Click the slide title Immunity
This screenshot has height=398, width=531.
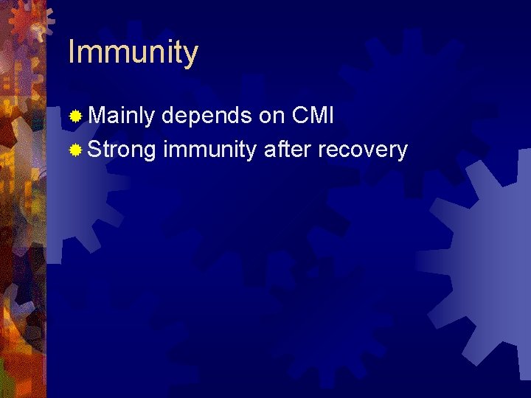(133, 53)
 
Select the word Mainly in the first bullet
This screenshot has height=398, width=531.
(121, 116)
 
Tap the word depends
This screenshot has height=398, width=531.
(207, 116)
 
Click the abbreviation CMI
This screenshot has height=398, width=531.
(313, 115)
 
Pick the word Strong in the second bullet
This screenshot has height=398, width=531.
(122, 150)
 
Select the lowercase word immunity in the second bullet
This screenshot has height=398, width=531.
(210, 150)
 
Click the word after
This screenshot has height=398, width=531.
(288, 150)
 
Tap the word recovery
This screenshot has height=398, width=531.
(363, 150)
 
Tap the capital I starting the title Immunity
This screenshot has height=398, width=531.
(71, 52)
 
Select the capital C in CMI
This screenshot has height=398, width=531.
(300, 115)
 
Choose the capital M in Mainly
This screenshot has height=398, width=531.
(96, 115)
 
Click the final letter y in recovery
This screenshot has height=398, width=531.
(402, 153)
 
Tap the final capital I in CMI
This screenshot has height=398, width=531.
(331, 115)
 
